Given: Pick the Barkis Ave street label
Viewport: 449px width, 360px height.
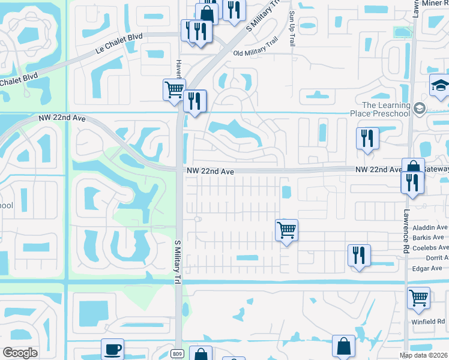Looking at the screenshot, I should click(432, 238).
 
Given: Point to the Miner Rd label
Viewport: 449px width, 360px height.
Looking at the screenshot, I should click(435, 4).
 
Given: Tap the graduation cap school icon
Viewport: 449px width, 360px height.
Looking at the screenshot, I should click(440, 86).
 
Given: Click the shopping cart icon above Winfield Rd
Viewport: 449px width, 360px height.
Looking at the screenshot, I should click(418, 296).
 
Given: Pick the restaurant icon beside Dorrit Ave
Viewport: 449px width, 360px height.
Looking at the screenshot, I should click(359, 255).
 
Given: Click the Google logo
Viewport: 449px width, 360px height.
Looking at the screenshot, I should click(20, 352).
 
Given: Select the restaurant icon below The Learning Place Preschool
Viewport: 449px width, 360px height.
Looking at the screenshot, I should click(367, 138).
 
